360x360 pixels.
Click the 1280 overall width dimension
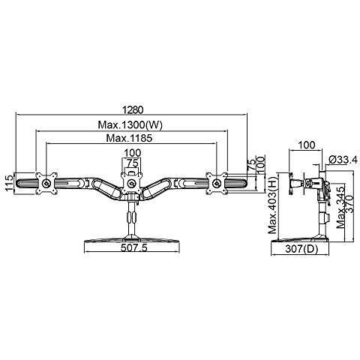point(133,109)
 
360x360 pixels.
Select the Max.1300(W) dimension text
point(130,124)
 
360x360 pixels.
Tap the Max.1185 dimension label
point(129,138)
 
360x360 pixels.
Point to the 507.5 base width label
point(134,247)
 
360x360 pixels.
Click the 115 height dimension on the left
point(9,183)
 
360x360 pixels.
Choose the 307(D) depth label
point(301,249)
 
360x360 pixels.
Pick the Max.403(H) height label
point(273,205)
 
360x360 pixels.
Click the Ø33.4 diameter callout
point(343,160)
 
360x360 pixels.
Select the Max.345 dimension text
point(340,206)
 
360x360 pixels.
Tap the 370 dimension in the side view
point(349,204)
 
